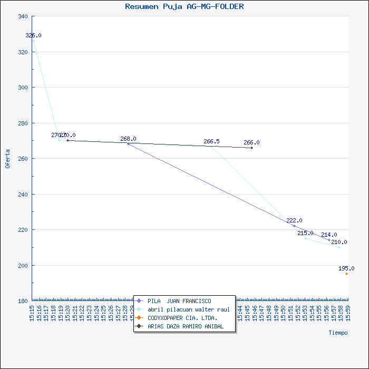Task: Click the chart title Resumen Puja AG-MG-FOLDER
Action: [184, 7]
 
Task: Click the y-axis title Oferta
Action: [7, 158]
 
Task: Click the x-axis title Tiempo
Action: [338, 333]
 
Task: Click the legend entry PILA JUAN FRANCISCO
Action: [179, 301]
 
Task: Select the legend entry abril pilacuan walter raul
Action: [188, 309]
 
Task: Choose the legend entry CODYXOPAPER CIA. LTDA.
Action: [182, 318]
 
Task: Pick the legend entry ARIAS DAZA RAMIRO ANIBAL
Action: [186, 326]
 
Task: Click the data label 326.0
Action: [33, 35]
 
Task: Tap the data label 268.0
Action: [128, 139]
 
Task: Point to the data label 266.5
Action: [211, 141]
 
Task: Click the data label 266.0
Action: [251, 142]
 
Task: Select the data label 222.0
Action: [294, 220]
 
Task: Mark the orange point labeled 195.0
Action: [346, 274]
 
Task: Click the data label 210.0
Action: [339, 242]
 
